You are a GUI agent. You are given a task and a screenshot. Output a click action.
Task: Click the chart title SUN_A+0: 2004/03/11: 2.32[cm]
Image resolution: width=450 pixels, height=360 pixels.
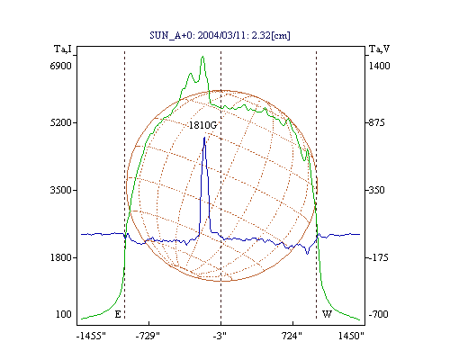220,35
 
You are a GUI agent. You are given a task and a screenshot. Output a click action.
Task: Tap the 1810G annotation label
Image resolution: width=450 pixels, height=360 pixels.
202,125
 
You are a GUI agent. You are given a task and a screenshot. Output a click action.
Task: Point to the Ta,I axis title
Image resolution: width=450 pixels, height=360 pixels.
63,49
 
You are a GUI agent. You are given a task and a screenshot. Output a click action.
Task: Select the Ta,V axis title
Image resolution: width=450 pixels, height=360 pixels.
380,49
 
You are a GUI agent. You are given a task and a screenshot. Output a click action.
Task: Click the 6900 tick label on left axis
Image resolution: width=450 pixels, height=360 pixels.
61,66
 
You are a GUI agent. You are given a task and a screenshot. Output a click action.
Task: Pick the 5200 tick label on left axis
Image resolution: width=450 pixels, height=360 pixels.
61,122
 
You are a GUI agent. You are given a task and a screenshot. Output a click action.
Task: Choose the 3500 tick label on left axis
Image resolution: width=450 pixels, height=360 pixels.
61,190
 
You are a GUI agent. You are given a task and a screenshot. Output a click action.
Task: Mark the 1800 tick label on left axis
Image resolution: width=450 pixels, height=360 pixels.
61,257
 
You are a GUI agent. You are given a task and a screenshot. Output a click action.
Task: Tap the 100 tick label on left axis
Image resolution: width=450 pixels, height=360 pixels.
64,314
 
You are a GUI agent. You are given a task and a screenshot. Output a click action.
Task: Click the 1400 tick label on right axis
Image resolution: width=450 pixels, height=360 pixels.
379,66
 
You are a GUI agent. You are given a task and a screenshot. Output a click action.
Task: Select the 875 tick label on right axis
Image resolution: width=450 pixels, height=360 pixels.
376,122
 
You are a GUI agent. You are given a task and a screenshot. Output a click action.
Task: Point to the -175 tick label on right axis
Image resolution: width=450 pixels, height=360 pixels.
378,257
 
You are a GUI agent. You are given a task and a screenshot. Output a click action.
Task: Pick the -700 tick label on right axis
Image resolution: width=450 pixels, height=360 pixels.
378,314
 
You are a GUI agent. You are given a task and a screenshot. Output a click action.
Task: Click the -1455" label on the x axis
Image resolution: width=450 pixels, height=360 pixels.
92,336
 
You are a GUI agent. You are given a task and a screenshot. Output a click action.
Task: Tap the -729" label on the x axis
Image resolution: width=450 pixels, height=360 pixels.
148,336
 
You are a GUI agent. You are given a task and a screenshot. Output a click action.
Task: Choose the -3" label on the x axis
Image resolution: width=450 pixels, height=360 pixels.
220,336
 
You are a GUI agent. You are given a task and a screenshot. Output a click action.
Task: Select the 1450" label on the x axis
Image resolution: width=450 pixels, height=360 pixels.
351,336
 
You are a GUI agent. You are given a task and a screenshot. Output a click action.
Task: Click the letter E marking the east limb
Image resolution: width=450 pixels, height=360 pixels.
118,314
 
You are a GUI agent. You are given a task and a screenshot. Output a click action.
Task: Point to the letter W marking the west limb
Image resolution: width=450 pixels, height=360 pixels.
327,314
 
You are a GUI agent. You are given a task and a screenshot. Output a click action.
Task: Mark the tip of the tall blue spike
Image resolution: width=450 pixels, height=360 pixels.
204,138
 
